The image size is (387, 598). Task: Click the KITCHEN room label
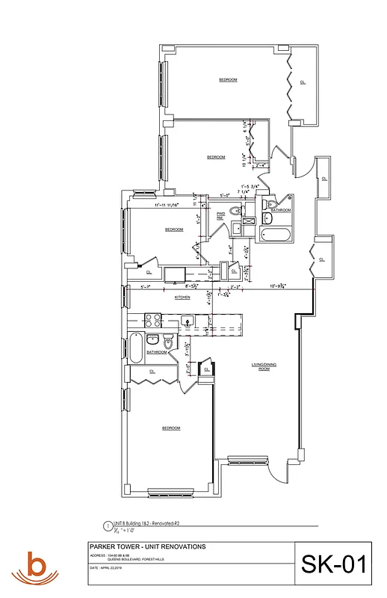tap(182, 298)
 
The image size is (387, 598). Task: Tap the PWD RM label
tap(221, 215)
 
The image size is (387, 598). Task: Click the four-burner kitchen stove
tap(153, 320)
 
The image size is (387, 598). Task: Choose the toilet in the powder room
tap(235, 211)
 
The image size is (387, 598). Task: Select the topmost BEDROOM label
tap(228, 79)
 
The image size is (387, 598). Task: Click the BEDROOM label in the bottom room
tap(172, 428)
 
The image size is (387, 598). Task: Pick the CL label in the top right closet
tap(303, 82)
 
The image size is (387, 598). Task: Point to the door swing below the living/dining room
tap(275, 471)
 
